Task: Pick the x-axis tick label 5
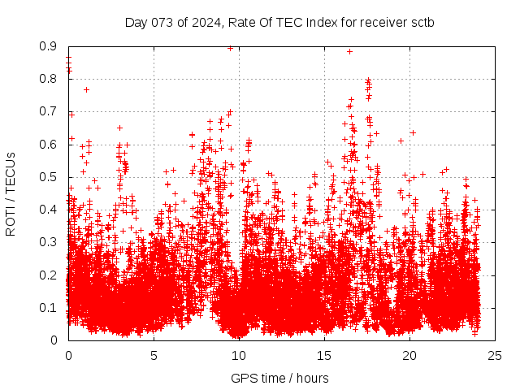(154, 355)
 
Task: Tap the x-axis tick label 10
(239, 355)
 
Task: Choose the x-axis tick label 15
(324, 355)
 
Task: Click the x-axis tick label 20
(409, 355)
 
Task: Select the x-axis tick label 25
(495, 355)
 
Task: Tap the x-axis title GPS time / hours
(279, 378)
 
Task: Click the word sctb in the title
(422, 22)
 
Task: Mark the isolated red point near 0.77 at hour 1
(87, 89)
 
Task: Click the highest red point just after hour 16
(349, 51)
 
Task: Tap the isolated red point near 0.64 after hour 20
(413, 132)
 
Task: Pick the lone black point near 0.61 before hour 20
(401, 141)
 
